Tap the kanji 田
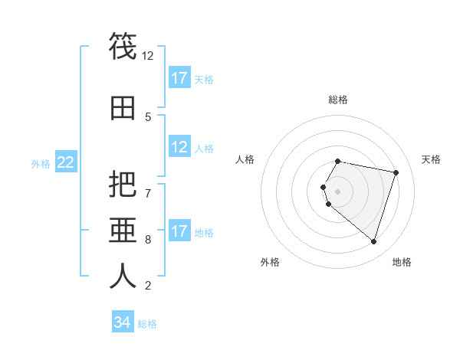[x=123, y=110]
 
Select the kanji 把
[x=123, y=185]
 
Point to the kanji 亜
[x=123, y=231]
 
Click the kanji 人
[x=123, y=276]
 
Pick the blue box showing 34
[x=123, y=322]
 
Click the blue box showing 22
[x=66, y=162]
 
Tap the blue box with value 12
[x=179, y=147]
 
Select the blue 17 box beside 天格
[x=179, y=78]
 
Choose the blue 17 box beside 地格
[x=179, y=231]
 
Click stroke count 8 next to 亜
[x=148, y=239]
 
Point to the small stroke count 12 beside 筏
[x=148, y=55]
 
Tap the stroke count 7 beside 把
[x=148, y=192]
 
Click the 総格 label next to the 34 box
[x=147, y=324]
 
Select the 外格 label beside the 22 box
[x=41, y=163]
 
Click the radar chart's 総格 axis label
[x=337, y=100]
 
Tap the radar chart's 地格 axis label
[x=402, y=262]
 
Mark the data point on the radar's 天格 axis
[x=396, y=173]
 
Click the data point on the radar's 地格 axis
[x=373, y=241]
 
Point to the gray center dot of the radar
[x=337, y=191]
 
